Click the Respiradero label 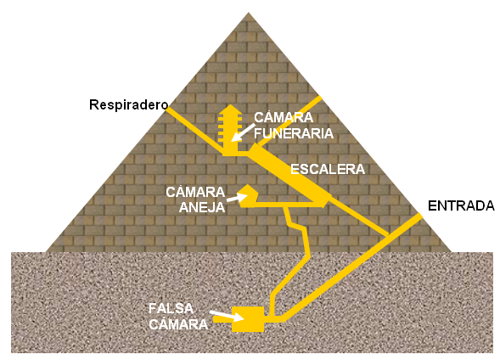[x=128, y=105]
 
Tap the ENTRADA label [x=461, y=206]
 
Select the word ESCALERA [x=328, y=169]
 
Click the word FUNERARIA [x=294, y=133]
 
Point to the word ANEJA [x=202, y=207]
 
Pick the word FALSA [x=171, y=308]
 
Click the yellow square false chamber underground [x=248, y=319]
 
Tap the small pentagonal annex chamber [x=248, y=196]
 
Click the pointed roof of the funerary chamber [x=230, y=110]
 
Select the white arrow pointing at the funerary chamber [x=243, y=132]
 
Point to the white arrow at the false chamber [x=227, y=315]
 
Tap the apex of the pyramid [x=249, y=13]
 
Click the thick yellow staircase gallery [x=289, y=176]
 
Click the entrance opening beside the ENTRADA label [x=419, y=217]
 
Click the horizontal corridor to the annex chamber [x=287, y=205]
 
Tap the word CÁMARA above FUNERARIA [x=284, y=118]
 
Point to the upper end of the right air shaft [x=319, y=98]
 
